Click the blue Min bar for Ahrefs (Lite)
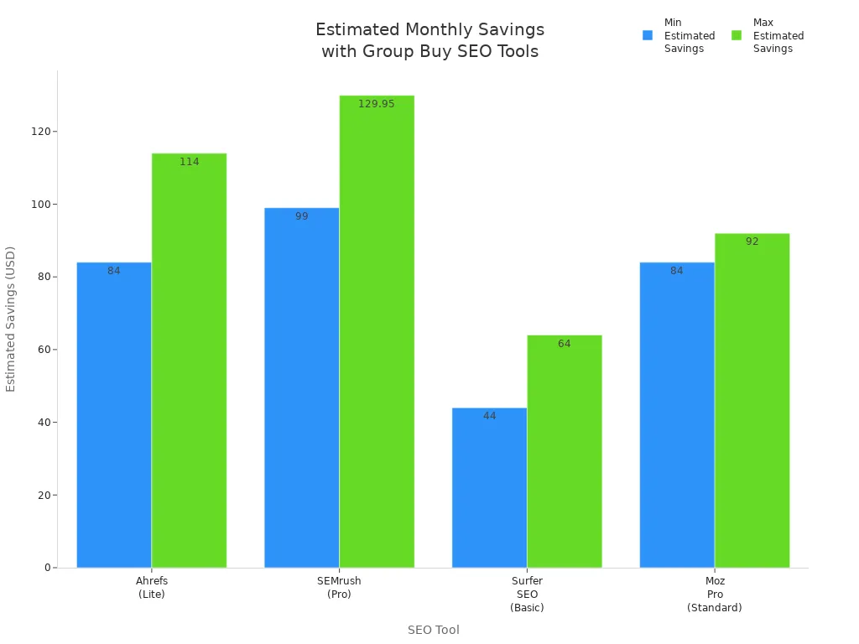[114, 415]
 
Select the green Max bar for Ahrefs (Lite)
[189, 361]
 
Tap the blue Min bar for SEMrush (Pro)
[301, 387]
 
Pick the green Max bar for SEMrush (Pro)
[377, 331]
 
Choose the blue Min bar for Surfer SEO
[489, 487]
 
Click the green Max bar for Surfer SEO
[564, 451]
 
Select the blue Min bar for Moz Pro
[677, 415]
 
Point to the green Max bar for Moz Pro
[752, 400]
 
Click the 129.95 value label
[376, 104]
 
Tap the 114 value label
[190, 162]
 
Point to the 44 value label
[490, 416]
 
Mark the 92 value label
[752, 241]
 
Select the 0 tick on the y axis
[48, 568]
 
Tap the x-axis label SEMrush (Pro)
[339, 587]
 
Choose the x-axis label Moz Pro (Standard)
[715, 594]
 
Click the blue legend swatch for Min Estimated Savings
[648, 35]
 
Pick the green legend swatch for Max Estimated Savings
[737, 35]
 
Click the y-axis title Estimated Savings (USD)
[11, 319]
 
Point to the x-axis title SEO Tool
[433, 630]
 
